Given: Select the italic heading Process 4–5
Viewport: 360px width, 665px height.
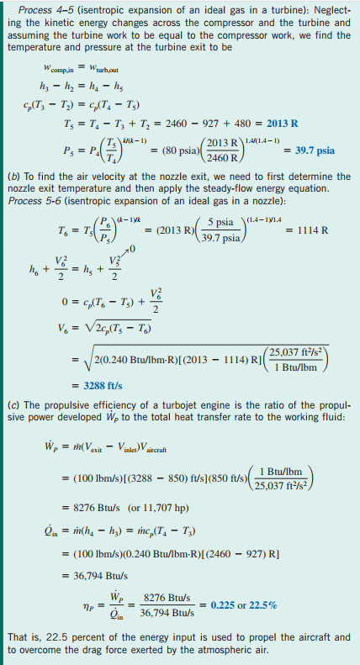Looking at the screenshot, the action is pyautogui.click(x=50, y=8).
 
